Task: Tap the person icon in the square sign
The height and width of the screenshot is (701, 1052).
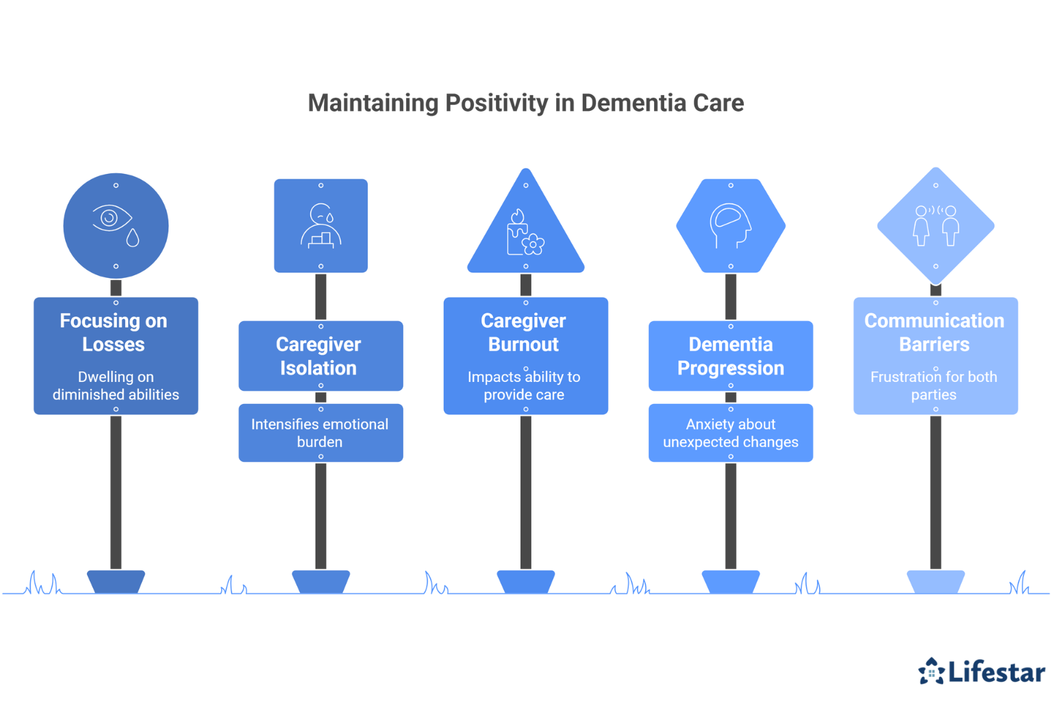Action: tap(321, 225)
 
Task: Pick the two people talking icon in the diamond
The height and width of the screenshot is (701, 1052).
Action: tap(936, 225)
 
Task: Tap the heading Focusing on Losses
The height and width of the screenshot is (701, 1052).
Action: tap(114, 333)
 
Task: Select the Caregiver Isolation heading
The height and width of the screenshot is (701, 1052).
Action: tap(318, 356)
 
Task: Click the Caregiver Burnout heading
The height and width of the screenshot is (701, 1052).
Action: tap(524, 333)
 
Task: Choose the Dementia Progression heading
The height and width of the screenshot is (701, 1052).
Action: tap(731, 356)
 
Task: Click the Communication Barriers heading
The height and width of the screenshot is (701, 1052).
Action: tap(934, 333)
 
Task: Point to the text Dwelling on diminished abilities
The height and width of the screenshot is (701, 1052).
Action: tap(116, 385)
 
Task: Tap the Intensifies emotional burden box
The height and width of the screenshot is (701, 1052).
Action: tap(320, 433)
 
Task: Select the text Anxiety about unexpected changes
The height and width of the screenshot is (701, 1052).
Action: tap(731, 433)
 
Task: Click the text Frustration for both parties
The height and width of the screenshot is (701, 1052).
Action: tap(934, 385)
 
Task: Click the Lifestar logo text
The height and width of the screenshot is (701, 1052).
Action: tap(997, 672)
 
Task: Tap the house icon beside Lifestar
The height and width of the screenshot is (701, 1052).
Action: tap(931, 672)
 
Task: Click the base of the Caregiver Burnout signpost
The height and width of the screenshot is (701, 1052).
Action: tap(525, 581)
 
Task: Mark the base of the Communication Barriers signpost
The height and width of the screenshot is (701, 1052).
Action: tap(936, 581)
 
